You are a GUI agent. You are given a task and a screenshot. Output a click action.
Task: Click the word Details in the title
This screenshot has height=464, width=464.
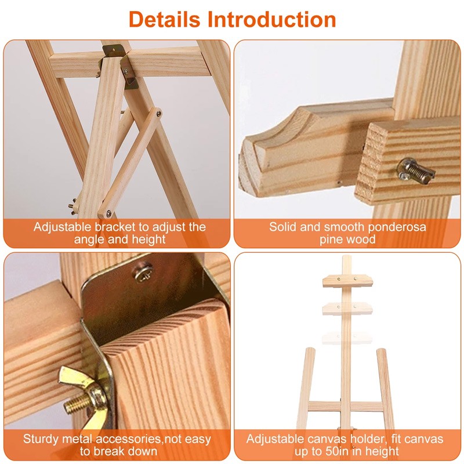click(x=164, y=20)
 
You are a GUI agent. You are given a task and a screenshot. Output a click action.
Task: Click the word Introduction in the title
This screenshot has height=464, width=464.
click(x=271, y=20)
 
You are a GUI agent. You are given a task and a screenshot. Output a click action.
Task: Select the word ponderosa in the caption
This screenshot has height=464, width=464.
click(x=397, y=227)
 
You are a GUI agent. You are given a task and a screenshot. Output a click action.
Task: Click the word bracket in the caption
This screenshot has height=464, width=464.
click(x=115, y=227)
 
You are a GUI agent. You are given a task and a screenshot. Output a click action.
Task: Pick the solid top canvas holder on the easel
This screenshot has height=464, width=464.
click(x=347, y=281)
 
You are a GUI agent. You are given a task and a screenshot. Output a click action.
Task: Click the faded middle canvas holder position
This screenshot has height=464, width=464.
click(x=347, y=308)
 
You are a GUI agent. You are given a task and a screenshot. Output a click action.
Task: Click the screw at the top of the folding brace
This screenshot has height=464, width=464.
click(x=159, y=113)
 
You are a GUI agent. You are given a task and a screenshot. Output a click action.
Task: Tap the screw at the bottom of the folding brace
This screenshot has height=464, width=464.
click(x=109, y=213)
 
